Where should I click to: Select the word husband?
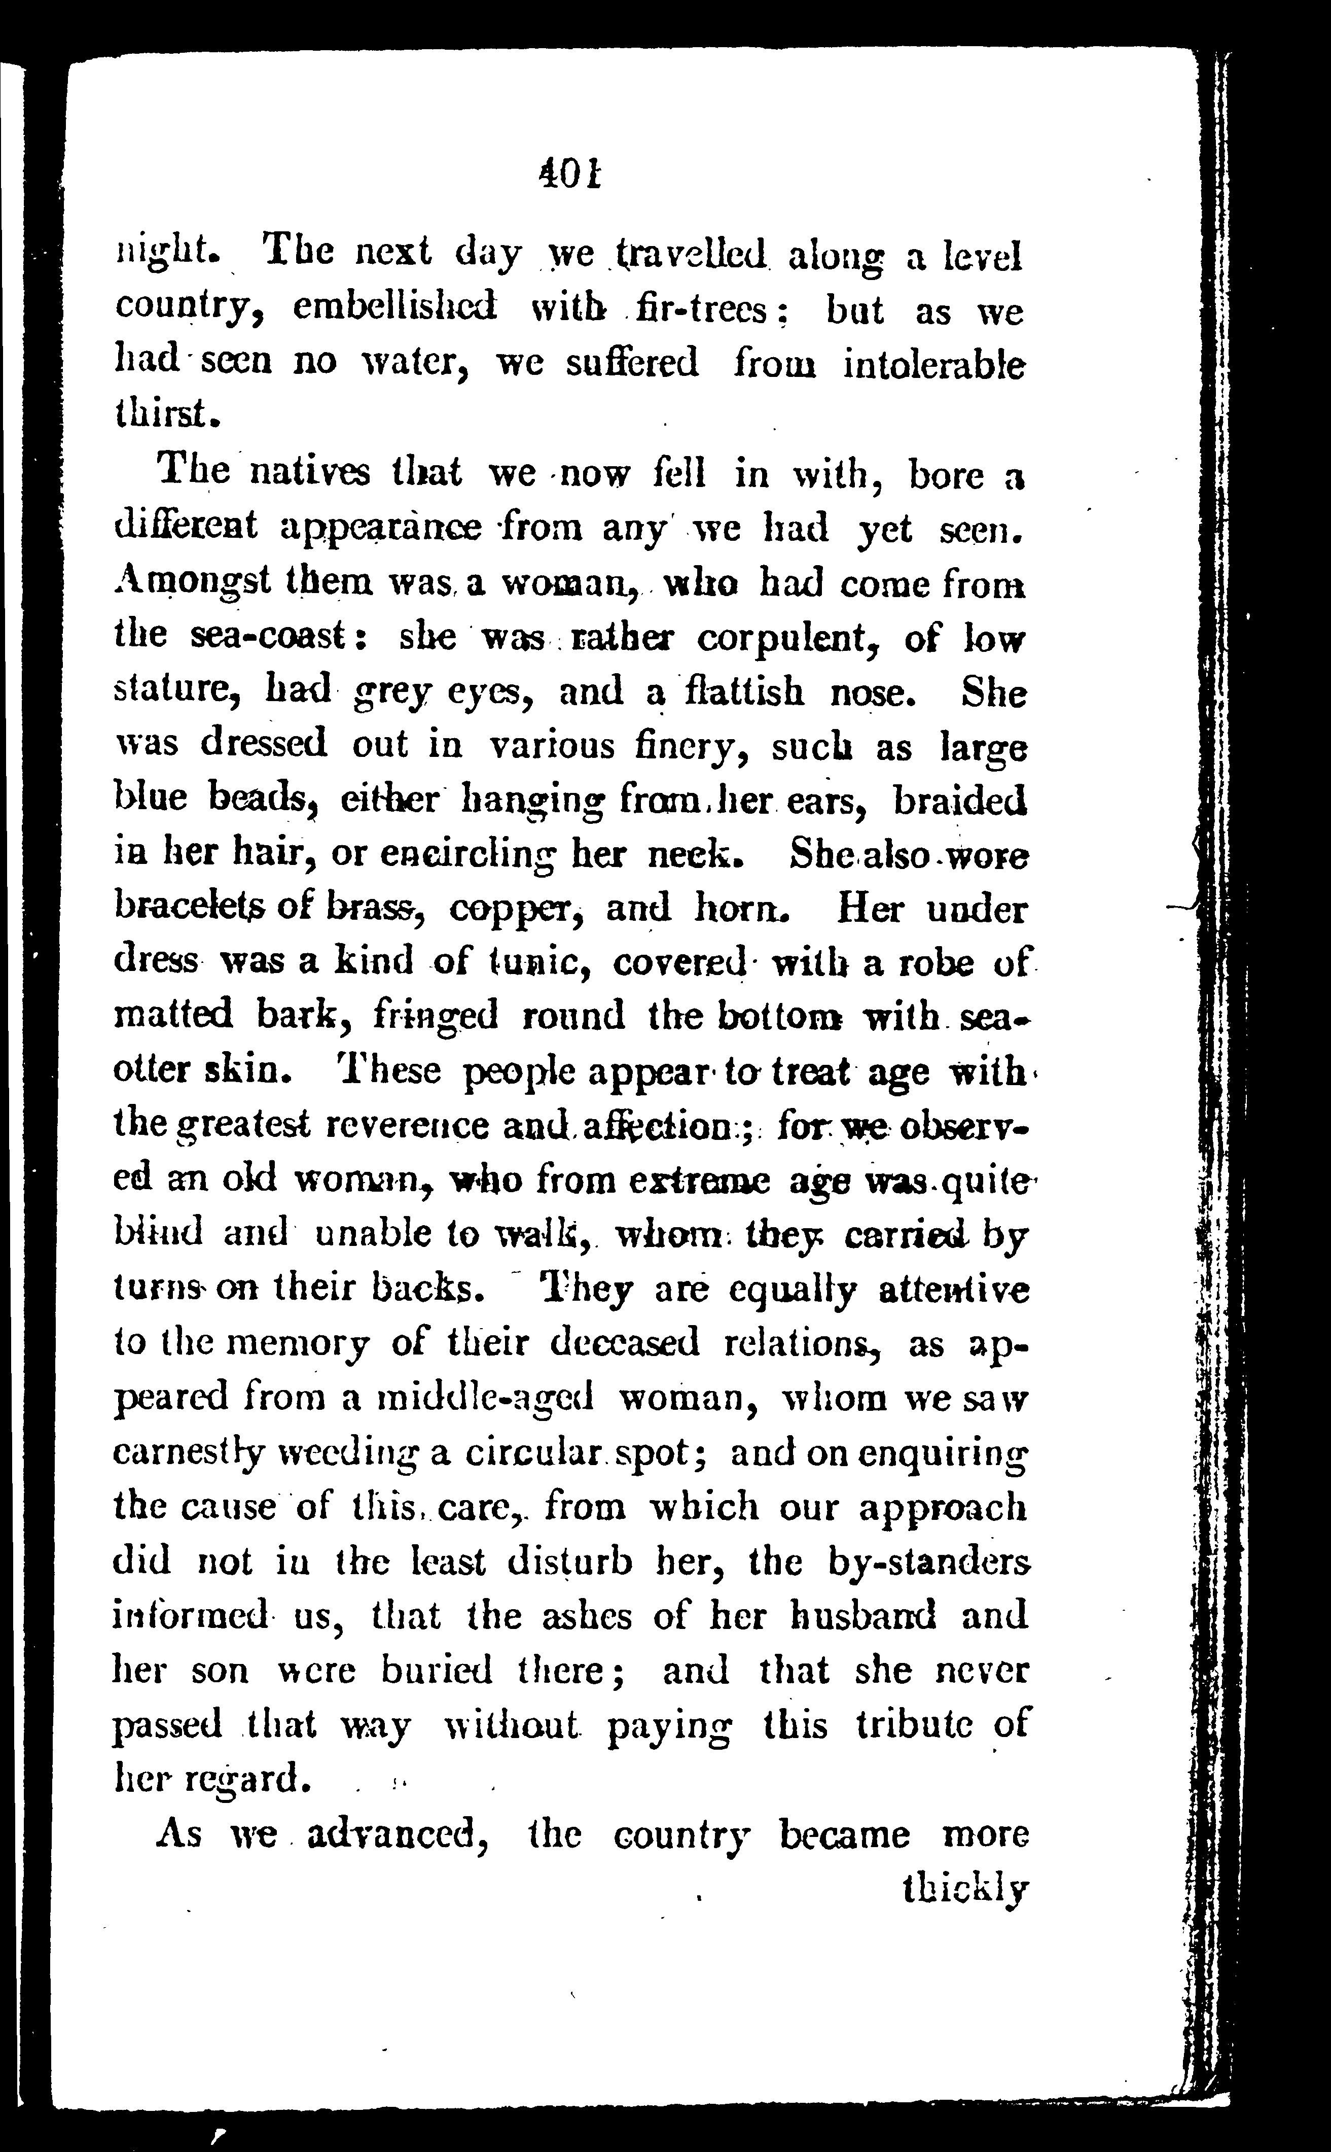862,1615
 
